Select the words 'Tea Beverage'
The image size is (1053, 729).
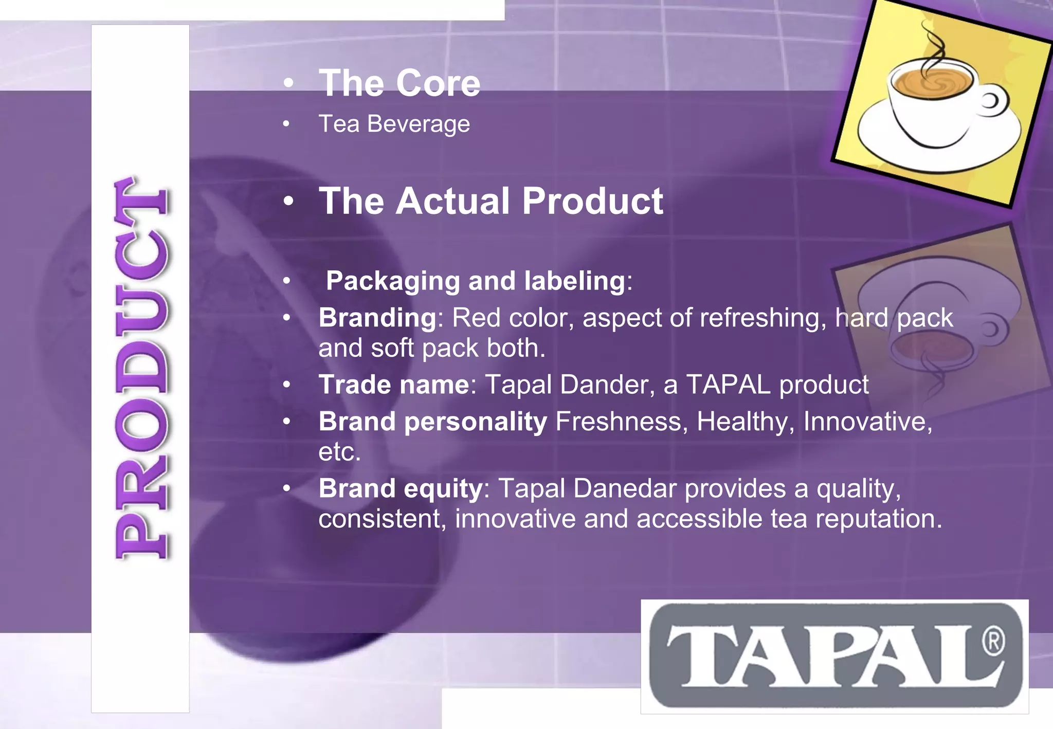pyautogui.click(x=394, y=124)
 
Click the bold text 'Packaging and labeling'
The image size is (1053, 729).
pyautogui.click(x=476, y=281)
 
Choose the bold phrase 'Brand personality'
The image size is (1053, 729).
pyautogui.click(x=433, y=422)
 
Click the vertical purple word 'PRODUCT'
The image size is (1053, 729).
pyautogui.click(x=141, y=368)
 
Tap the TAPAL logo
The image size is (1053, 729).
pyautogui.click(x=834, y=657)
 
